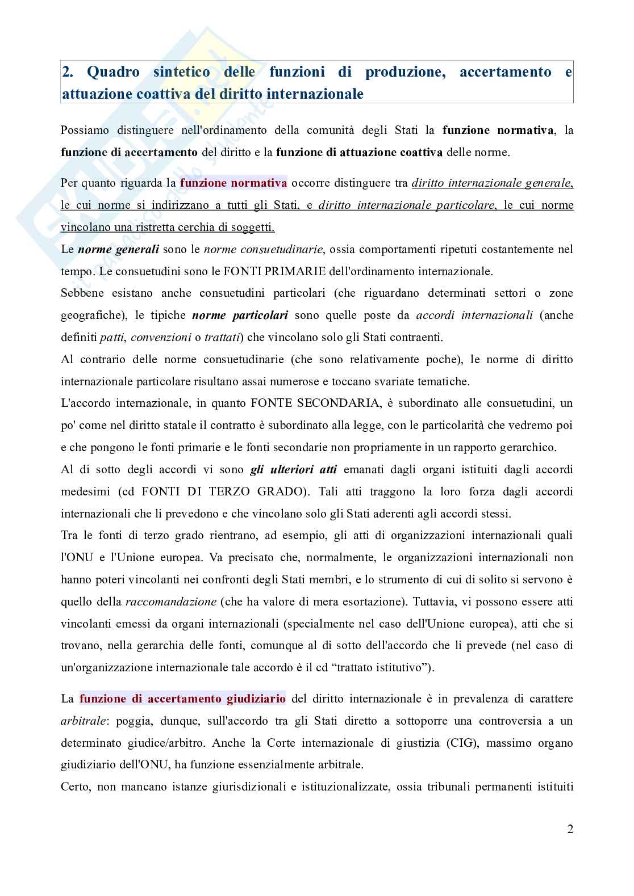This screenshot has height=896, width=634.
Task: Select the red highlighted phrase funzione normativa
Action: point(233,183)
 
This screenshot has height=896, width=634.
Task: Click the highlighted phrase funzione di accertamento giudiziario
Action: point(182,699)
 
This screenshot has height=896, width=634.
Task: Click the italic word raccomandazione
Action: point(170,601)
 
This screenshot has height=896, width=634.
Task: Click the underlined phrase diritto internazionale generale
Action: point(492,183)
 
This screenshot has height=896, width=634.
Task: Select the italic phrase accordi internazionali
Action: point(474,315)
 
